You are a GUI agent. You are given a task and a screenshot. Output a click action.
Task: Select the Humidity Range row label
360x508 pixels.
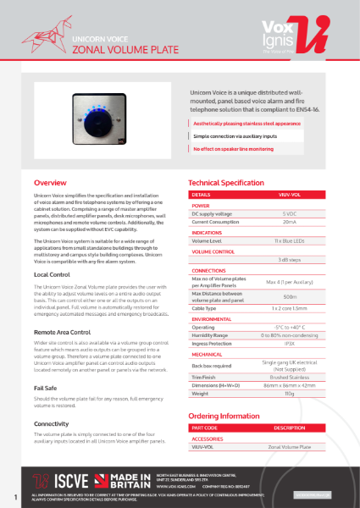coord(209,335)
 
